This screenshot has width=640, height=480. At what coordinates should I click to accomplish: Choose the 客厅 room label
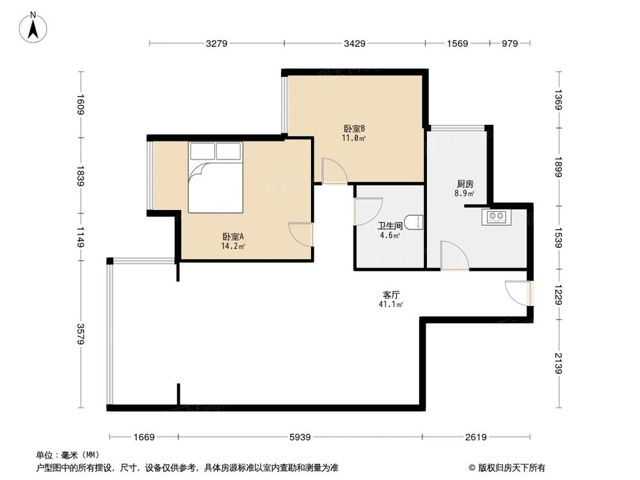[x=391, y=295]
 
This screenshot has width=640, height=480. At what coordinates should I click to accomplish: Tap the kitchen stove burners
[x=495, y=216]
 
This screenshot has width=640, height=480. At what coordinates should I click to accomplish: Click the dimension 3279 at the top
[x=217, y=44]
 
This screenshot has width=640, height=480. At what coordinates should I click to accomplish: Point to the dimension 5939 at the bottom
[x=300, y=437]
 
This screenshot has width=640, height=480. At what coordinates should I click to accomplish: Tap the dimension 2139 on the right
[x=559, y=364]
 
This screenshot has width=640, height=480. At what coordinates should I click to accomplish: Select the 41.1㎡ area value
[x=391, y=305]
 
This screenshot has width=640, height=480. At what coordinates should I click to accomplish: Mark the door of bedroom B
[x=333, y=171]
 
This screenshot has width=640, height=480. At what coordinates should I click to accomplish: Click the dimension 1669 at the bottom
[x=145, y=437]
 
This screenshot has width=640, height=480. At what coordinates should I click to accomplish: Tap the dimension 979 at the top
[x=509, y=44]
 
